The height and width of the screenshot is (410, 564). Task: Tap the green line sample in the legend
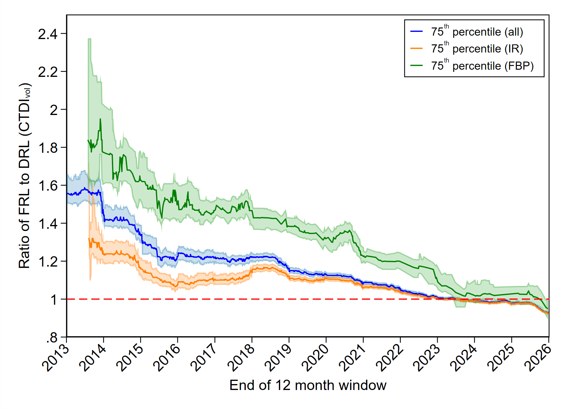[x=416, y=66]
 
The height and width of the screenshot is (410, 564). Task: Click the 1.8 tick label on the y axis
[x=48, y=148]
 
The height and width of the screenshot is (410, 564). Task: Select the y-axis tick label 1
[x=54, y=300]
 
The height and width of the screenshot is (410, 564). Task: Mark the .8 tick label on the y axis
[x=52, y=338]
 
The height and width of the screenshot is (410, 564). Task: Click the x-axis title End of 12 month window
[x=308, y=385]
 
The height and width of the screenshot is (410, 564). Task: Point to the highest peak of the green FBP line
[x=100, y=119]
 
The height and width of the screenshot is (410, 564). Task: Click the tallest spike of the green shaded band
[x=89, y=39]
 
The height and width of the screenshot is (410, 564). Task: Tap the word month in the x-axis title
[x=315, y=385]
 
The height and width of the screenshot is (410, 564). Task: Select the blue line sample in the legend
[x=416, y=32]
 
